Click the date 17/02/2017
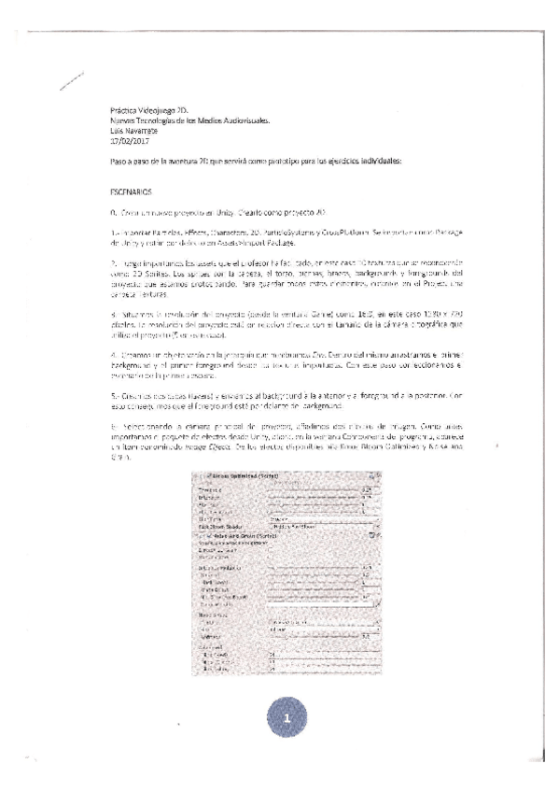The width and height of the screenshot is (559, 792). pyautogui.click(x=128, y=141)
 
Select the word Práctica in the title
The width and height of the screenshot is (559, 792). pyautogui.click(x=124, y=112)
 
